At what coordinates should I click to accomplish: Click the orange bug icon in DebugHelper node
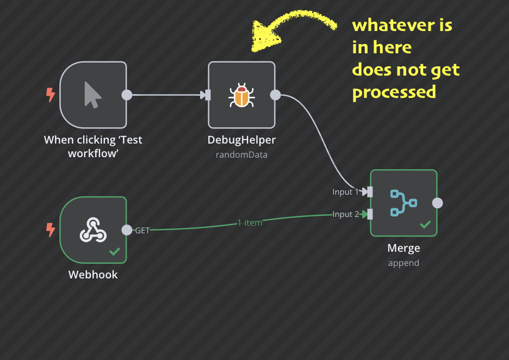[x=241, y=95]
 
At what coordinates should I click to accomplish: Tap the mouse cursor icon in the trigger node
[x=92, y=95]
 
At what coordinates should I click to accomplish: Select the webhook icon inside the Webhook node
[x=93, y=230]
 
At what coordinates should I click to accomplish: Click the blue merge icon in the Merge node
[x=403, y=203]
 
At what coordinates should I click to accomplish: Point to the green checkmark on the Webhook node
[x=115, y=251]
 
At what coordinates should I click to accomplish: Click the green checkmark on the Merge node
[x=425, y=224]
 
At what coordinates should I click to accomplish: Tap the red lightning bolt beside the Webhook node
[x=51, y=230]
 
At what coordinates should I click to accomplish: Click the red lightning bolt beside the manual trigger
[x=51, y=95]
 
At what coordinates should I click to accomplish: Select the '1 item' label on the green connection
[x=250, y=222]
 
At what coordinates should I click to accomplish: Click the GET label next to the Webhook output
[x=142, y=231]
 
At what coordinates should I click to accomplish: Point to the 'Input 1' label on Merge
[x=346, y=192]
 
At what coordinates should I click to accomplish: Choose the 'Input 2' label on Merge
[x=346, y=214]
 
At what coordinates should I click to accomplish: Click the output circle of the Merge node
[x=437, y=203]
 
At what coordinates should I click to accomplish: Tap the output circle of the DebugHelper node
[x=276, y=95]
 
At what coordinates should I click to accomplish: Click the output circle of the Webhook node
[x=127, y=230]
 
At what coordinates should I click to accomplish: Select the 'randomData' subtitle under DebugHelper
[x=241, y=155]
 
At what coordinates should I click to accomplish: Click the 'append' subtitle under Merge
[x=404, y=263]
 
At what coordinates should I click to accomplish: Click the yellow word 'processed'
[x=394, y=92]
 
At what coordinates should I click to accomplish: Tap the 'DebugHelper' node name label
[x=241, y=140]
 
